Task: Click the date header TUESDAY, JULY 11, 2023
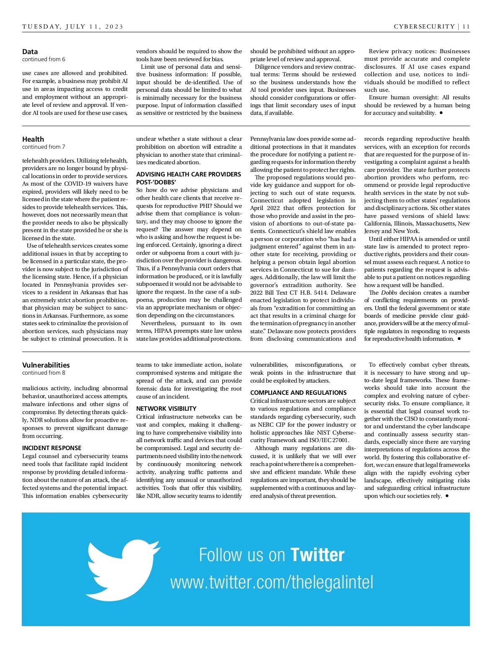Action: (73, 26)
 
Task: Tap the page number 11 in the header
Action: (466, 26)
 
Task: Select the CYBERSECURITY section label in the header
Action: (424, 26)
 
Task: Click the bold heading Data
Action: (30, 52)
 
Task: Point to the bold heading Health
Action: (33, 139)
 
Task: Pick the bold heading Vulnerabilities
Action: (46, 365)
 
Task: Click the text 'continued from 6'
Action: (44, 60)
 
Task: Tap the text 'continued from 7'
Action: (44, 147)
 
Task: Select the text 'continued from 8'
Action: (44, 373)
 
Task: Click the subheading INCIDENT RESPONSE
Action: (52, 448)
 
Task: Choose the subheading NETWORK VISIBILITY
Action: (166, 409)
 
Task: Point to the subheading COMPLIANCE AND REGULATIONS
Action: (298, 393)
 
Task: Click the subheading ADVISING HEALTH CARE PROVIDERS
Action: (189, 174)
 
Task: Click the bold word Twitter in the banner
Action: (317, 555)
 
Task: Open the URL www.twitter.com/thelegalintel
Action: (272, 583)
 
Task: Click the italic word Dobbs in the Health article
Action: (389, 293)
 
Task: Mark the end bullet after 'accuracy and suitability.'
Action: (441, 113)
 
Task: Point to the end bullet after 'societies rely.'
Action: (447, 496)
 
